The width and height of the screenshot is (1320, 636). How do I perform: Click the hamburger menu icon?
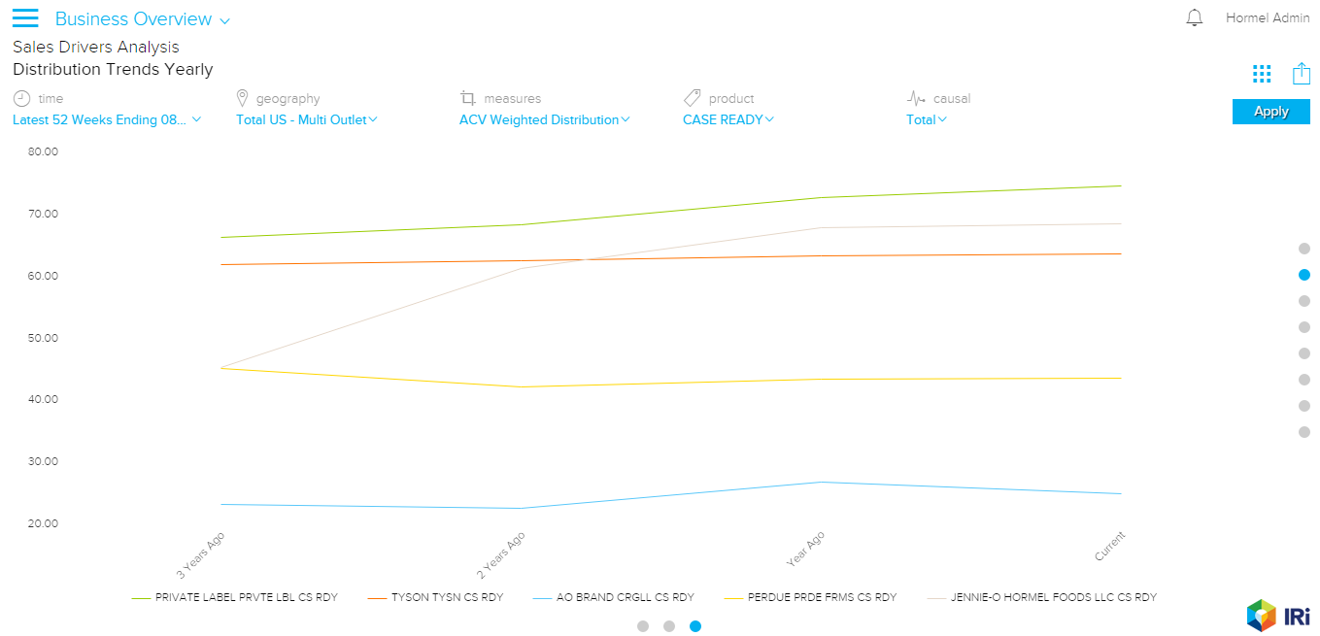(x=25, y=18)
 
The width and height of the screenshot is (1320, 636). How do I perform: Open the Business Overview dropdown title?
(x=142, y=19)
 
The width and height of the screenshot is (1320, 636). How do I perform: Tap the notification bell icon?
(x=1195, y=18)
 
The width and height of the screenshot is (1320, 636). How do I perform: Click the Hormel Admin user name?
(x=1268, y=18)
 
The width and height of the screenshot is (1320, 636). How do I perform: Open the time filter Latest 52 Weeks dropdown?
(x=107, y=119)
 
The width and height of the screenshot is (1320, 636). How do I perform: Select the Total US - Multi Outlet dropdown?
(x=306, y=119)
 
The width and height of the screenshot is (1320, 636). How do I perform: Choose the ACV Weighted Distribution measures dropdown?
(x=544, y=119)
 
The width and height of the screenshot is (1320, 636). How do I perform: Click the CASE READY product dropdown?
(x=728, y=119)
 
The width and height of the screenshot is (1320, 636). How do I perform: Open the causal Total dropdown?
(x=926, y=119)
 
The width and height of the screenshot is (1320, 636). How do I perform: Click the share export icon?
(x=1302, y=74)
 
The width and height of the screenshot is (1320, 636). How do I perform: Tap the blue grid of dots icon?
(x=1262, y=74)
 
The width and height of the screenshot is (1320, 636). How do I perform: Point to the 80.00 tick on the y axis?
(x=44, y=151)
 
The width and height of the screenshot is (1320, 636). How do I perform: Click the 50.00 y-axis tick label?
(x=44, y=338)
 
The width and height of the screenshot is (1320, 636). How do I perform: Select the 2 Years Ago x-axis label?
(x=502, y=554)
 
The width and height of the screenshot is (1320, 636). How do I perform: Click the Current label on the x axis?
(x=1109, y=546)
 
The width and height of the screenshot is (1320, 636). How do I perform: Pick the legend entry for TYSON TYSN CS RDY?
(x=447, y=597)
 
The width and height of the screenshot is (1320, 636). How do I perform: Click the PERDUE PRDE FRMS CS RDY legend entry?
(x=822, y=597)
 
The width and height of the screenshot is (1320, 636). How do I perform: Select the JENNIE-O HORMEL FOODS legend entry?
(x=1053, y=597)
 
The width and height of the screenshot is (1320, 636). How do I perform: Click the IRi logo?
(x=1278, y=615)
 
